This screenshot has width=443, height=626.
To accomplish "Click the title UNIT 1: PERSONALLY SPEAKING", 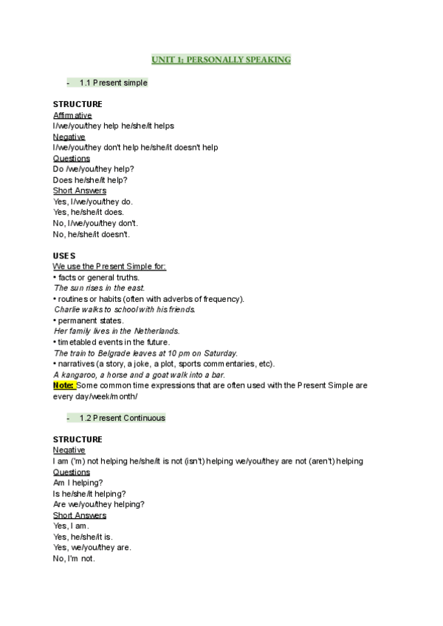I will click(x=221, y=59).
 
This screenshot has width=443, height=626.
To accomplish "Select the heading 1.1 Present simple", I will click(x=113, y=83).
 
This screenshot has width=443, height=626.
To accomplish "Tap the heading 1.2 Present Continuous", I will click(x=122, y=418).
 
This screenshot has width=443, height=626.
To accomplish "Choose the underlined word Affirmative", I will click(x=72, y=115).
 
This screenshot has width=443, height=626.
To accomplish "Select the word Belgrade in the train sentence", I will click(x=114, y=353).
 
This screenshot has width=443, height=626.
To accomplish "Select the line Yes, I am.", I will click(x=71, y=526).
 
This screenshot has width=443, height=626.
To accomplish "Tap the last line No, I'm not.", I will click(x=74, y=558).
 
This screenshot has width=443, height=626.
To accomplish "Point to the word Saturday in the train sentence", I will click(x=220, y=353).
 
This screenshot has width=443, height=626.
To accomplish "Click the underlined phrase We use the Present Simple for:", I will click(x=109, y=266).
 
